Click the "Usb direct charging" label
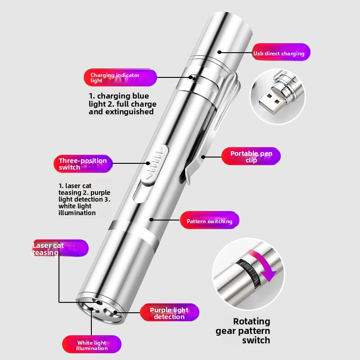[281, 53]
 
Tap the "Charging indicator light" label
[120, 77]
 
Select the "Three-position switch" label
[83, 164]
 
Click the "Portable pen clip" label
[251, 156]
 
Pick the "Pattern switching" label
[209, 220]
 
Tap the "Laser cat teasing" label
[60, 248]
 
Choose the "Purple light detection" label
[170, 312]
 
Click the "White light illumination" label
[92, 344]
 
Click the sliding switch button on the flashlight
[155, 165]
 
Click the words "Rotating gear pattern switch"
[243, 331]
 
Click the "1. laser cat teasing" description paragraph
[84, 199]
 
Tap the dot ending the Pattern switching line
[151, 220]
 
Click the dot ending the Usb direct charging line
[219, 52]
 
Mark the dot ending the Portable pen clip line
[203, 157]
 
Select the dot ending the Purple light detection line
[115, 312]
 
